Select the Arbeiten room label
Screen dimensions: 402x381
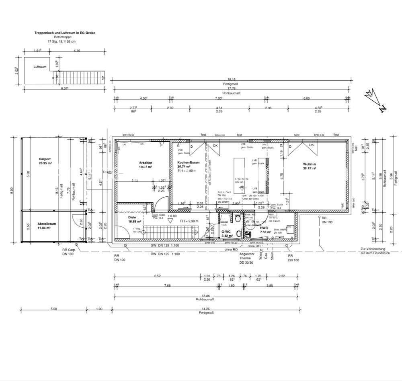[146, 163]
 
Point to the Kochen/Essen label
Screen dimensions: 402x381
[187, 163]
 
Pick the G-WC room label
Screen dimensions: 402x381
[226, 232]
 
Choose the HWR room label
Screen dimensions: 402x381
[264, 228]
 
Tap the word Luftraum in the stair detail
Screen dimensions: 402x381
[40, 67]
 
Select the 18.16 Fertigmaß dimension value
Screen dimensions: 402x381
[231, 79]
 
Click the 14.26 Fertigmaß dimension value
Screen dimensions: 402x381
[205, 308]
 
